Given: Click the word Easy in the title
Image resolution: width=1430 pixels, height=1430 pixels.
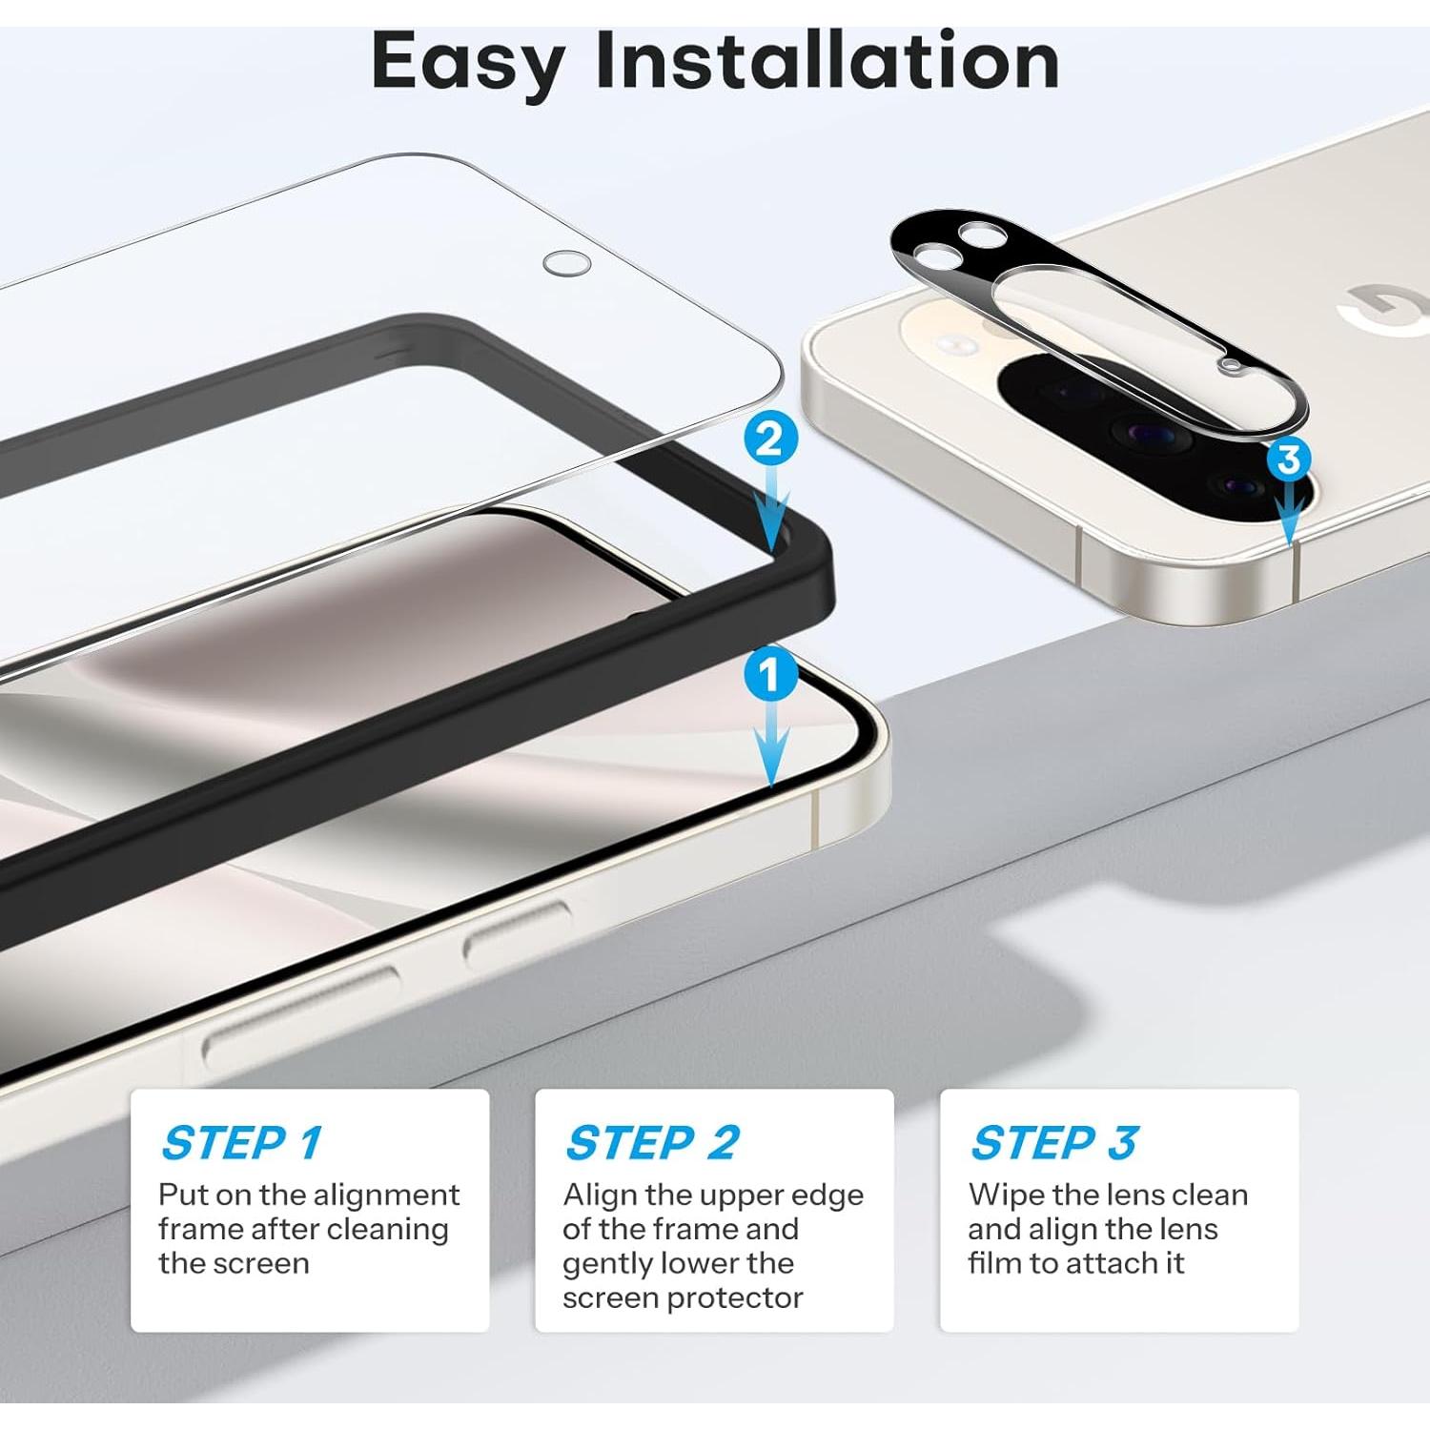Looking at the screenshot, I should coord(467,62).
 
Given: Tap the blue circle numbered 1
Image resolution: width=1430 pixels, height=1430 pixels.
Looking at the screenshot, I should coord(769,676).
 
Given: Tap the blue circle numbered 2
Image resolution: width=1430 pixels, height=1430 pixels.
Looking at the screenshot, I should coord(769,439).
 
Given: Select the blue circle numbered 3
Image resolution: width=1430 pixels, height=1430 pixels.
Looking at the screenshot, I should coord(1289,460).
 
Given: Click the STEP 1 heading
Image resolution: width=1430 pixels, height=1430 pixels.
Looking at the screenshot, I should coord(242,1142).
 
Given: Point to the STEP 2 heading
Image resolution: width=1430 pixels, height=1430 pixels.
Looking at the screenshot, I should coord(652,1142).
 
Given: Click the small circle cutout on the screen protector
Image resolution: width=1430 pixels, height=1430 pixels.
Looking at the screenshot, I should coord(566,263).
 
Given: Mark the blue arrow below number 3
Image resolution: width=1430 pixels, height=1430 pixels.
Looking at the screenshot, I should coord(1290,515).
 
